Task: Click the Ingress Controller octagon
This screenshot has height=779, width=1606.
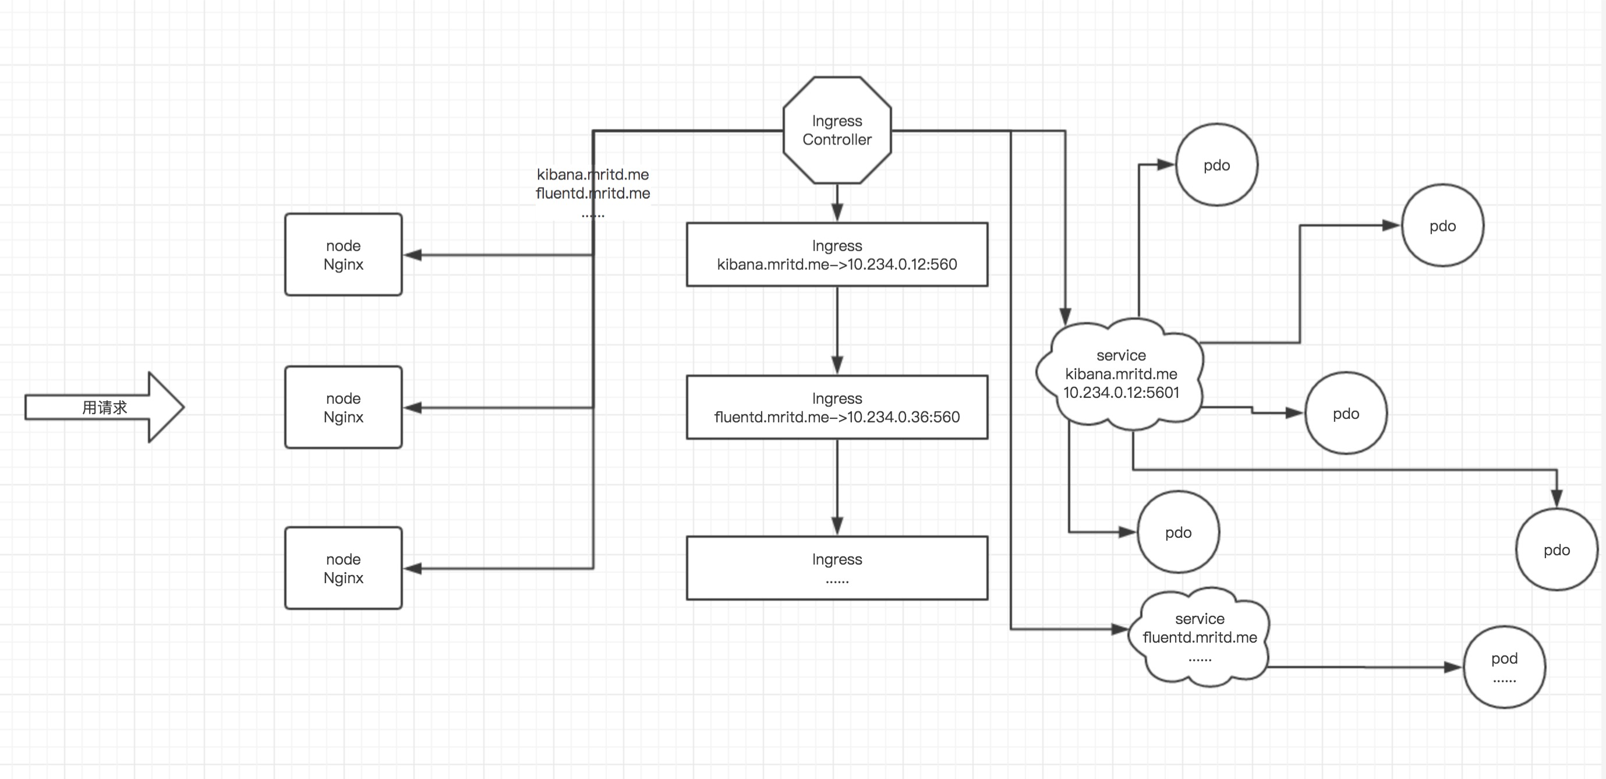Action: pyautogui.click(x=837, y=130)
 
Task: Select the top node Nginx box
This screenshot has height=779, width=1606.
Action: pyautogui.click(x=343, y=255)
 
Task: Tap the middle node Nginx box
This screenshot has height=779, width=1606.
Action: pyautogui.click(x=343, y=407)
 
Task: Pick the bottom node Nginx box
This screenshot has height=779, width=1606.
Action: pyautogui.click(x=343, y=568)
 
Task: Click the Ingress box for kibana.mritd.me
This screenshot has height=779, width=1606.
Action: pyautogui.click(x=837, y=255)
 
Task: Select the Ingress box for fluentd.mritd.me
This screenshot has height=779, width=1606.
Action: pyautogui.click(x=837, y=407)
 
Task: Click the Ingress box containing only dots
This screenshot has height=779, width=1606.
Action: pyautogui.click(x=837, y=568)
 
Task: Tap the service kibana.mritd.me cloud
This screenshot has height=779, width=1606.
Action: pyautogui.click(x=1120, y=374)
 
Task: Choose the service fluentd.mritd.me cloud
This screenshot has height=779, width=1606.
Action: pyautogui.click(x=1199, y=637)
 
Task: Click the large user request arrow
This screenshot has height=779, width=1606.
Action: pyautogui.click(x=105, y=407)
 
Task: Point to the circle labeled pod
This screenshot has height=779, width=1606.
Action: pyautogui.click(x=1504, y=667)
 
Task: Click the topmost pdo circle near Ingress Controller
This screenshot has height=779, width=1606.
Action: pyautogui.click(x=1216, y=165)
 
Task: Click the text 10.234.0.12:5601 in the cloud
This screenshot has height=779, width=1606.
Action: pyautogui.click(x=1120, y=392)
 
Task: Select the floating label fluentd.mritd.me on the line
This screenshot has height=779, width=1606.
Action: pyautogui.click(x=592, y=193)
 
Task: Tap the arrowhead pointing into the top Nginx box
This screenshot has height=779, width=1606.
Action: pyautogui.click(x=413, y=255)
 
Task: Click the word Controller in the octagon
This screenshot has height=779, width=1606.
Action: pyautogui.click(x=837, y=140)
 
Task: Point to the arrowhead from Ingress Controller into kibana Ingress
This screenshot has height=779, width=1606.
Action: pyautogui.click(x=837, y=212)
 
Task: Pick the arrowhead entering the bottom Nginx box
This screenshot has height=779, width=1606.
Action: pyautogui.click(x=413, y=568)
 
